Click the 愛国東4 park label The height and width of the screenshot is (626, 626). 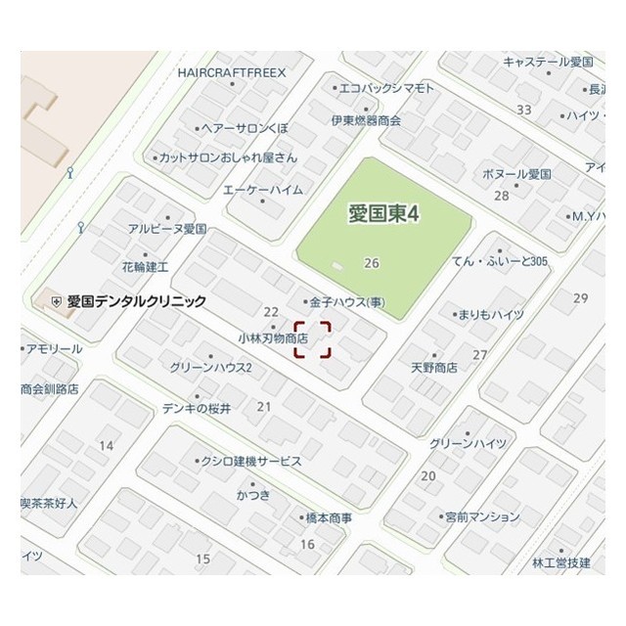pyautogui.click(x=383, y=214)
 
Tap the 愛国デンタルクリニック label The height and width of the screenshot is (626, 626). pyautogui.click(x=136, y=301)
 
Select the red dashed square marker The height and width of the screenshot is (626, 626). pyautogui.click(x=313, y=339)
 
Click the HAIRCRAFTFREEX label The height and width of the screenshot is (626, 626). pyautogui.click(x=232, y=72)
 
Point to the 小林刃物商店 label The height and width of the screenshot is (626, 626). pyautogui.click(x=273, y=337)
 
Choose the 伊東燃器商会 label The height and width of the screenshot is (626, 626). pyautogui.click(x=366, y=120)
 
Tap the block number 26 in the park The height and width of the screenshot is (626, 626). pyautogui.click(x=371, y=263)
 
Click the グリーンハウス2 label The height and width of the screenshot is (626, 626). pyautogui.click(x=210, y=368)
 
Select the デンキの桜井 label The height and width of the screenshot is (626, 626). pyautogui.click(x=197, y=408)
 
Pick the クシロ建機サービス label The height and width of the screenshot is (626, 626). pyautogui.click(x=250, y=461)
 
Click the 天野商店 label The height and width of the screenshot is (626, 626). pyautogui.click(x=434, y=368)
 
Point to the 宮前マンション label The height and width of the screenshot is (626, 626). pyautogui.click(x=481, y=516)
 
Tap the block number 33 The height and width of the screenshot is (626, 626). pyautogui.click(x=524, y=110)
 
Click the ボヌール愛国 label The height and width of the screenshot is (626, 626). pyautogui.click(x=516, y=174)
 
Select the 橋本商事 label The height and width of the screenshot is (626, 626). pyautogui.click(x=329, y=517)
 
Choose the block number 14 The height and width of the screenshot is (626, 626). pyautogui.click(x=107, y=446)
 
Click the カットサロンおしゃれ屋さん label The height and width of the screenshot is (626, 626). pyautogui.click(x=228, y=156)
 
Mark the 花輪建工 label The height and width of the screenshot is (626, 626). pyautogui.click(x=146, y=266)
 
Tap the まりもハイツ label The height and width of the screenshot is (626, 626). pyautogui.click(x=492, y=314)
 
